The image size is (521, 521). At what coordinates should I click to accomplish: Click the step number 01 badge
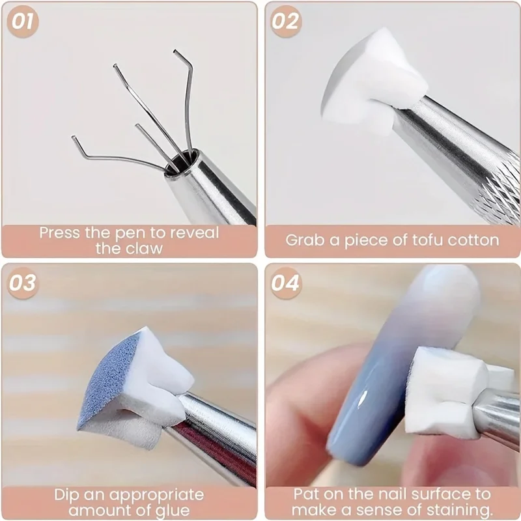pyautogui.click(x=21, y=21)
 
